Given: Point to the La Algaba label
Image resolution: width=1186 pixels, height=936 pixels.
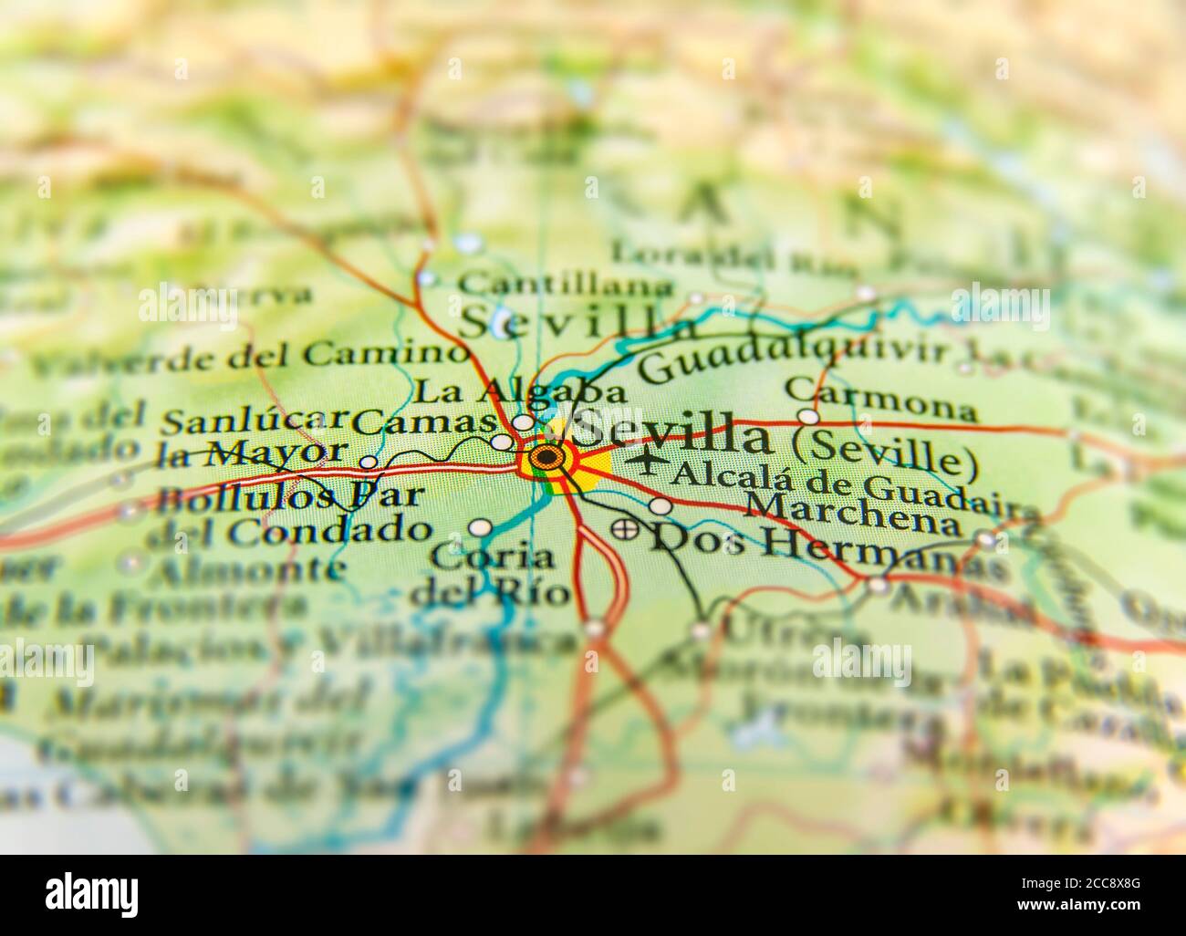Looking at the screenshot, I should (x=520, y=393).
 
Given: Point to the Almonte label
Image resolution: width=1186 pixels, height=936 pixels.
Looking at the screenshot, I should (x=251, y=570).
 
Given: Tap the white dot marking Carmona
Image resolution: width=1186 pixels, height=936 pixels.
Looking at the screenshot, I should (x=808, y=417).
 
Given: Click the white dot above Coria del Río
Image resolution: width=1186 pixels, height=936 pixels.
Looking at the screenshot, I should (x=481, y=527).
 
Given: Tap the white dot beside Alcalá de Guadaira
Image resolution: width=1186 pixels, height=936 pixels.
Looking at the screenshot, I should (x=661, y=505).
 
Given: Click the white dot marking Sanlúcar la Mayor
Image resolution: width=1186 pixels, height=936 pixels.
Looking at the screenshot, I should (x=368, y=463).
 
